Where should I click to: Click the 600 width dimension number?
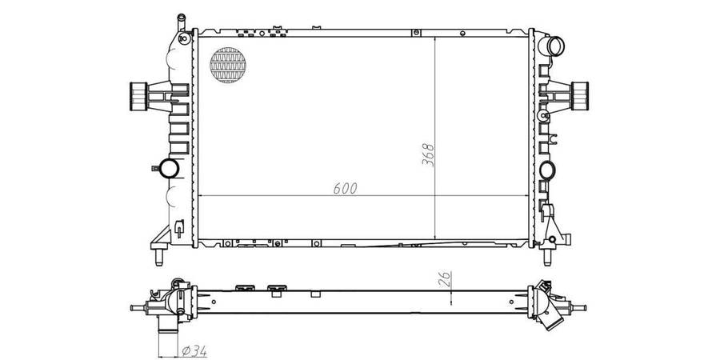tap(346, 188)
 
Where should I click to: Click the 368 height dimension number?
tap(428, 155)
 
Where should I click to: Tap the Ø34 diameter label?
tap(194, 351)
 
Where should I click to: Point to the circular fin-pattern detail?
tap(228, 65)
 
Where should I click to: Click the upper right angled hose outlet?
tap(554, 46)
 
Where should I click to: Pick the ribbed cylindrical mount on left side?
tap(138, 97)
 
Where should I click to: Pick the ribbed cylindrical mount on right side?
tap(579, 96)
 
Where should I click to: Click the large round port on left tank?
tap(169, 168)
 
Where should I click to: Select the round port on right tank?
tap(547, 170)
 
